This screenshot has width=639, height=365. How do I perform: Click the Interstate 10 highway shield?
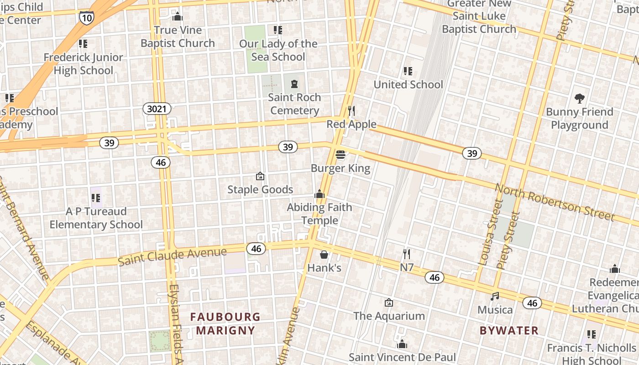point(86,17)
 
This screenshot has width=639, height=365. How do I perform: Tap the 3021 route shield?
point(157,109)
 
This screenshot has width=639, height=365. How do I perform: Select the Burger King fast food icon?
point(340,155)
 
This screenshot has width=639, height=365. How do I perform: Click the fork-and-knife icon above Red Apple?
point(351,111)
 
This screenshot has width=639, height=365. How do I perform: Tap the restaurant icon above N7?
point(406,254)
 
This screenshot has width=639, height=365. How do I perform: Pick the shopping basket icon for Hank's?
point(324,254)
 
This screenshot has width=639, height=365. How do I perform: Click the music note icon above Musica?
point(495,297)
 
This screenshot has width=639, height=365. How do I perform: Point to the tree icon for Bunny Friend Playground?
point(579,98)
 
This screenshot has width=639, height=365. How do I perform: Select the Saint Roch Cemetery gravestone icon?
point(294,84)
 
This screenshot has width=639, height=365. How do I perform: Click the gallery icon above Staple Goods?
point(260,176)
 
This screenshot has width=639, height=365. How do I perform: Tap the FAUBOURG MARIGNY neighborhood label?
point(225,323)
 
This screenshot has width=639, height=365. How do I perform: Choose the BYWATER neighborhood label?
point(509,330)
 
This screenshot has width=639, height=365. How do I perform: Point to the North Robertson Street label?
point(555,202)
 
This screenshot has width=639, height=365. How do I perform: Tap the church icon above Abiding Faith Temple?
point(319,194)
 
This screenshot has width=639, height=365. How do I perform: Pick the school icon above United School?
point(408,71)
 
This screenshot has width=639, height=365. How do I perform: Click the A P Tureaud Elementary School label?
point(96,218)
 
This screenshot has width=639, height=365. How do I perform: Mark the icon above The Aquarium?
point(389,302)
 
